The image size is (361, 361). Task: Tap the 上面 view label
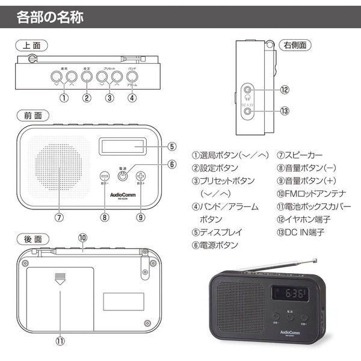click(x=32, y=45)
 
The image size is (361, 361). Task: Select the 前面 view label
click(x=32, y=115)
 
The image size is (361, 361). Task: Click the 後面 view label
click(x=32, y=239)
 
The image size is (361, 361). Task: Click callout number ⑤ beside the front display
click(x=171, y=146)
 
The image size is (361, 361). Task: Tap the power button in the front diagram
click(x=123, y=176)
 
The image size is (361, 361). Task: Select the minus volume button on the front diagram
click(x=105, y=176)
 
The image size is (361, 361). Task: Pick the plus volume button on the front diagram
click(x=141, y=176)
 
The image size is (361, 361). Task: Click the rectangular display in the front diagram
click(x=123, y=146)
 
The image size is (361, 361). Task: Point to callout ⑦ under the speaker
click(x=59, y=217)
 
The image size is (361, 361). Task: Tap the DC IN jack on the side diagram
click(x=248, y=111)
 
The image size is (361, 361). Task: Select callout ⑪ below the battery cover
click(x=60, y=340)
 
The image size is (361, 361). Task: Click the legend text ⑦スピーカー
click(x=304, y=155)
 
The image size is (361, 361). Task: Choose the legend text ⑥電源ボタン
click(x=215, y=245)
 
